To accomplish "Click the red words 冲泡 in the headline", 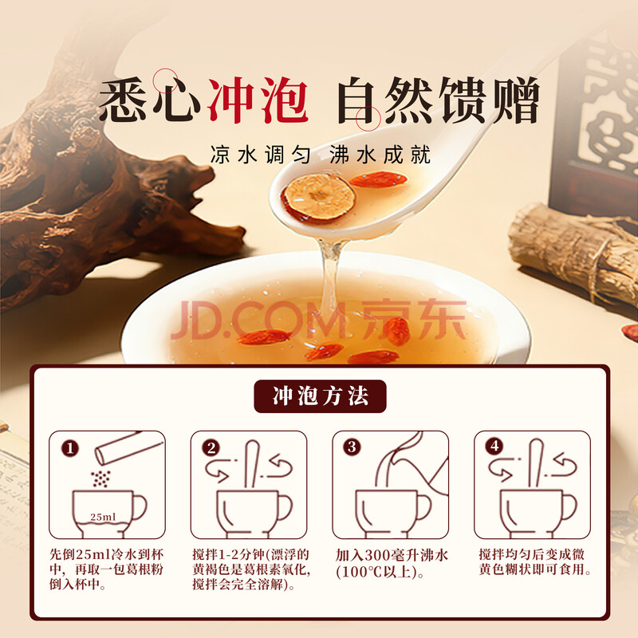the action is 258,100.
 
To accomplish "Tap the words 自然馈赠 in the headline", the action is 438,100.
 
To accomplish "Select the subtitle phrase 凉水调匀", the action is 261,155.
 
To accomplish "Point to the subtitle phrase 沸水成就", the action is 380,155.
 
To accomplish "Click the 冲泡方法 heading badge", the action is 320,396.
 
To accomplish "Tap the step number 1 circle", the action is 70,448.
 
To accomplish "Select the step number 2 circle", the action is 211,448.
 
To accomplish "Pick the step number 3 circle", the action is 352,447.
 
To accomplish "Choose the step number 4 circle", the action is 494,447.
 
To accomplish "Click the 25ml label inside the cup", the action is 103,517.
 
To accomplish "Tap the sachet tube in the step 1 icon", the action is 129,448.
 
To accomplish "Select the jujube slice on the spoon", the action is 319,197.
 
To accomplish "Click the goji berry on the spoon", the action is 378,179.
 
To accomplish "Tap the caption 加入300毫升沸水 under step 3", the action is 392,555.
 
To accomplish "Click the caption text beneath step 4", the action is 534,562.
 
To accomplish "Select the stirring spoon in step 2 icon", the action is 251,464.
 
